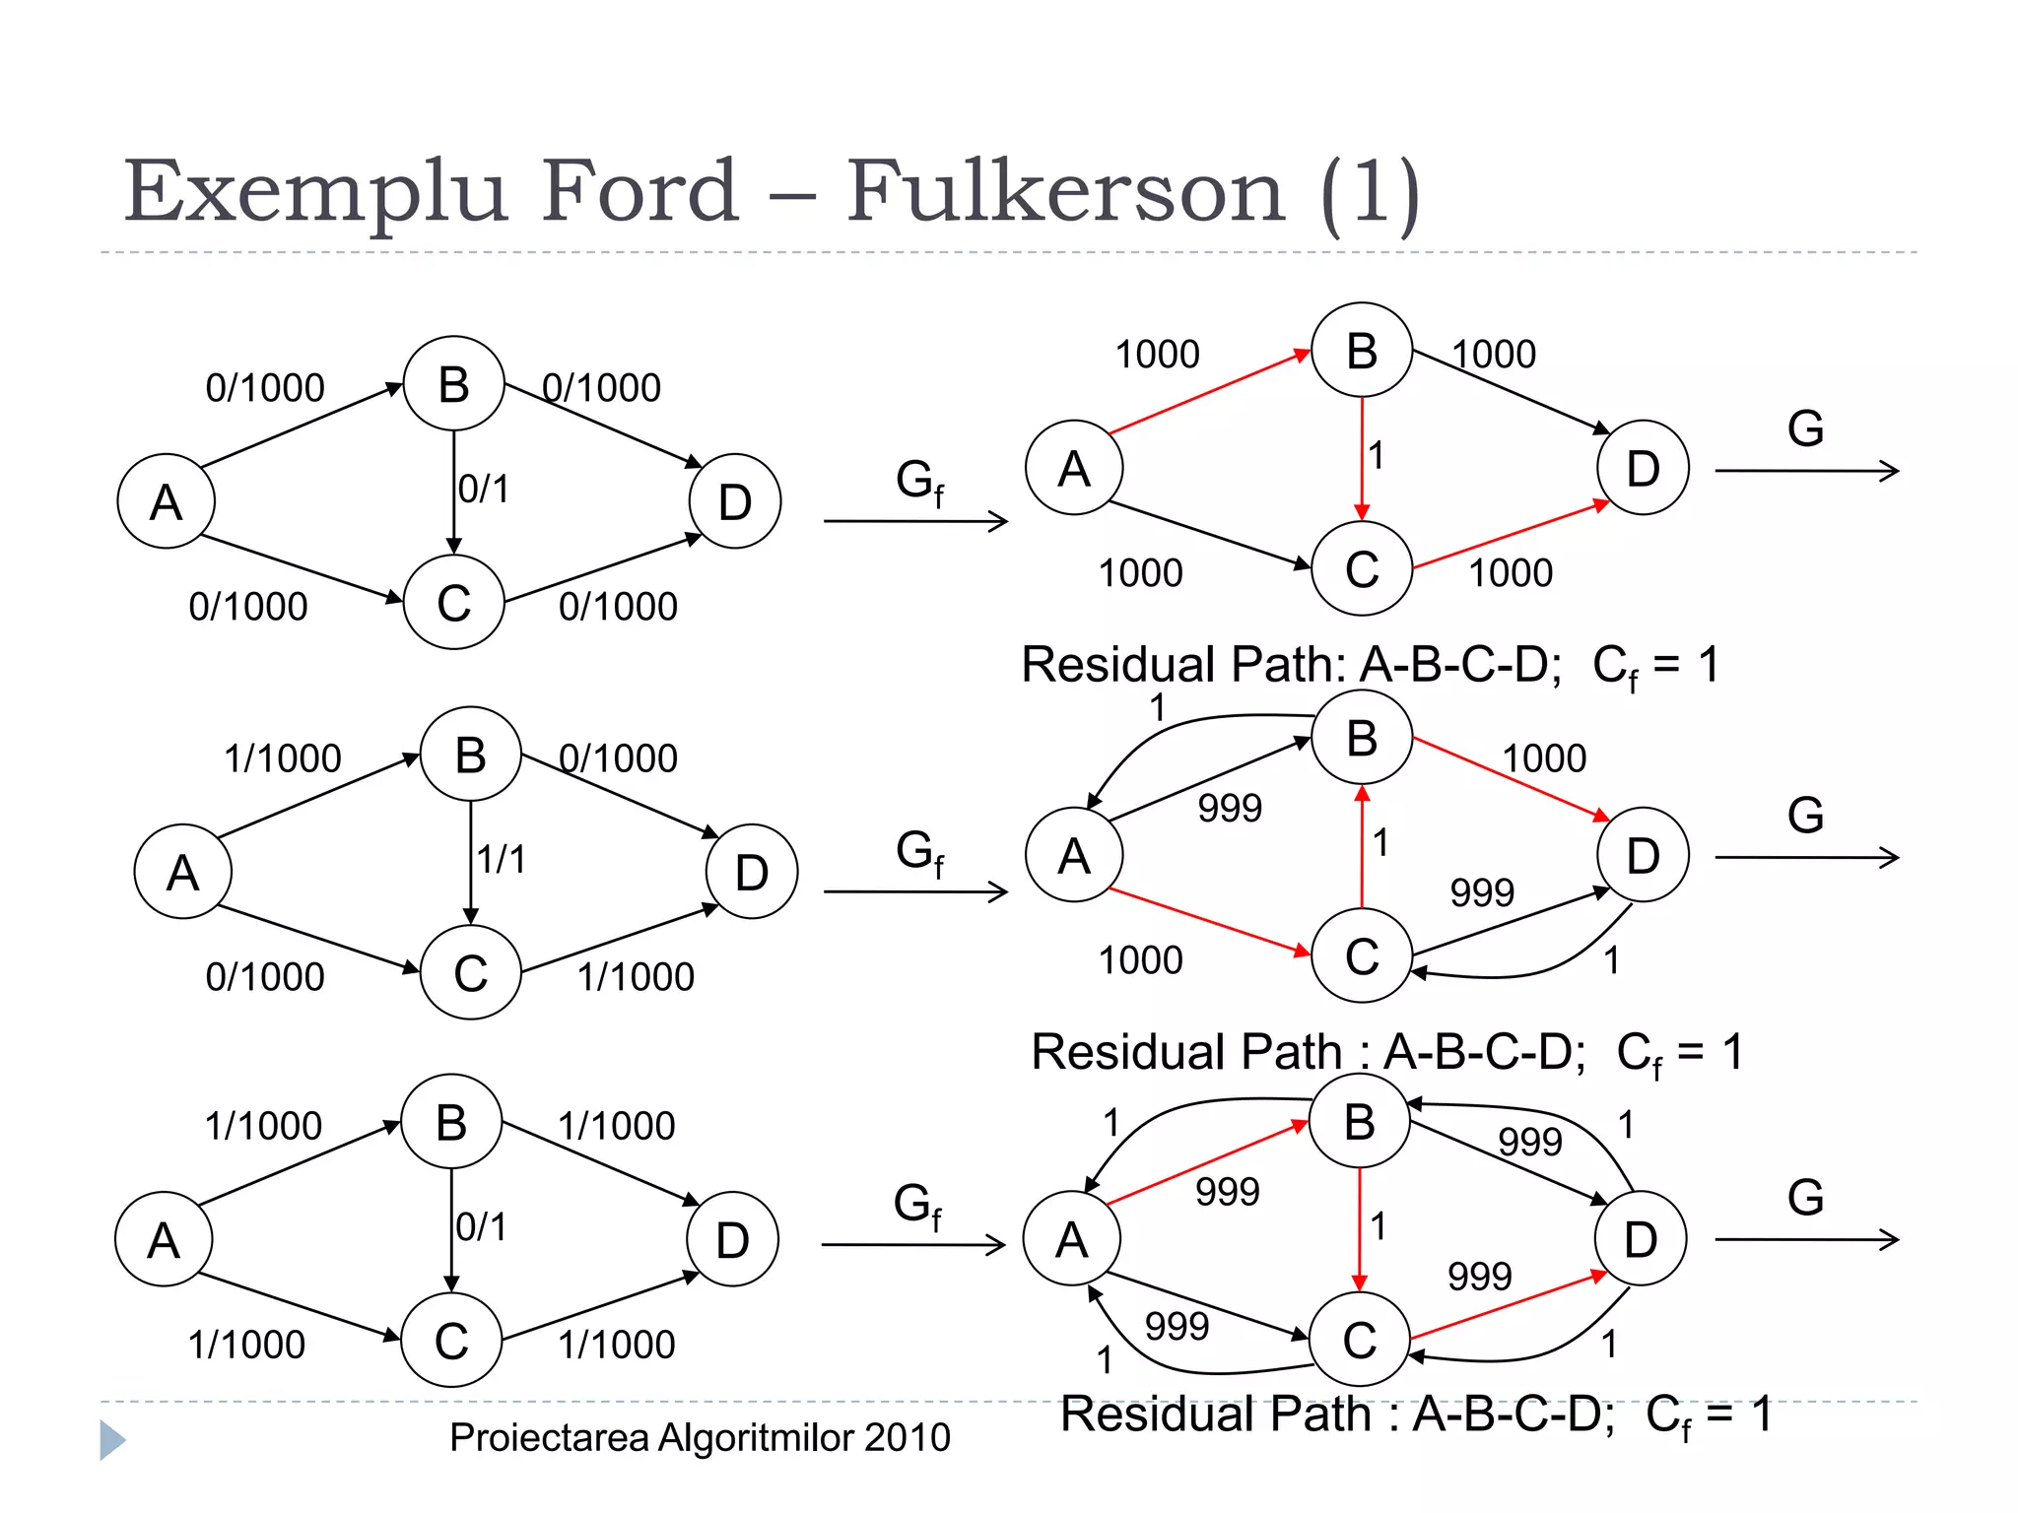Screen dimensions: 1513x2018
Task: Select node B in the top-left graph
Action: [x=453, y=384]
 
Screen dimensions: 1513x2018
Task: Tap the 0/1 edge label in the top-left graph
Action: [x=484, y=490]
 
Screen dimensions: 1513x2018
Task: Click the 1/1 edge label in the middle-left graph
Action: [x=502, y=860]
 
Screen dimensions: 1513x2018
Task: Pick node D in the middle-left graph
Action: [x=752, y=873]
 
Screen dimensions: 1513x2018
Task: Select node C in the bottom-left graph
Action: [x=451, y=1341]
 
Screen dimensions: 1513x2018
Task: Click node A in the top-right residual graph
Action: [x=1074, y=468]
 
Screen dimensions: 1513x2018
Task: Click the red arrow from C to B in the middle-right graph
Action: [x=1362, y=847]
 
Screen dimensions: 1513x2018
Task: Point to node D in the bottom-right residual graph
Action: [x=1641, y=1239]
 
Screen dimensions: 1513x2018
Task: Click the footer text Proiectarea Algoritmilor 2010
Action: [x=700, y=1438]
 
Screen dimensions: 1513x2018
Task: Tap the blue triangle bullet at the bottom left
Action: [x=112, y=1440]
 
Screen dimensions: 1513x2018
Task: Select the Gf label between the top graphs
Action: [x=919, y=482]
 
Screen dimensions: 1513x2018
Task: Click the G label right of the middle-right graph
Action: [x=1805, y=816]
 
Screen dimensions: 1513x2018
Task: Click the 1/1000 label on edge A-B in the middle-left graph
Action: [x=283, y=758]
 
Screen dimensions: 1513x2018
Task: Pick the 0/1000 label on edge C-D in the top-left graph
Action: [x=618, y=607]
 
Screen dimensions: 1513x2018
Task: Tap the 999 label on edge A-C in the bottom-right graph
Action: [x=1177, y=1327]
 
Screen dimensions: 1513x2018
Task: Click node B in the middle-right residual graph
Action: [x=1362, y=738]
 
